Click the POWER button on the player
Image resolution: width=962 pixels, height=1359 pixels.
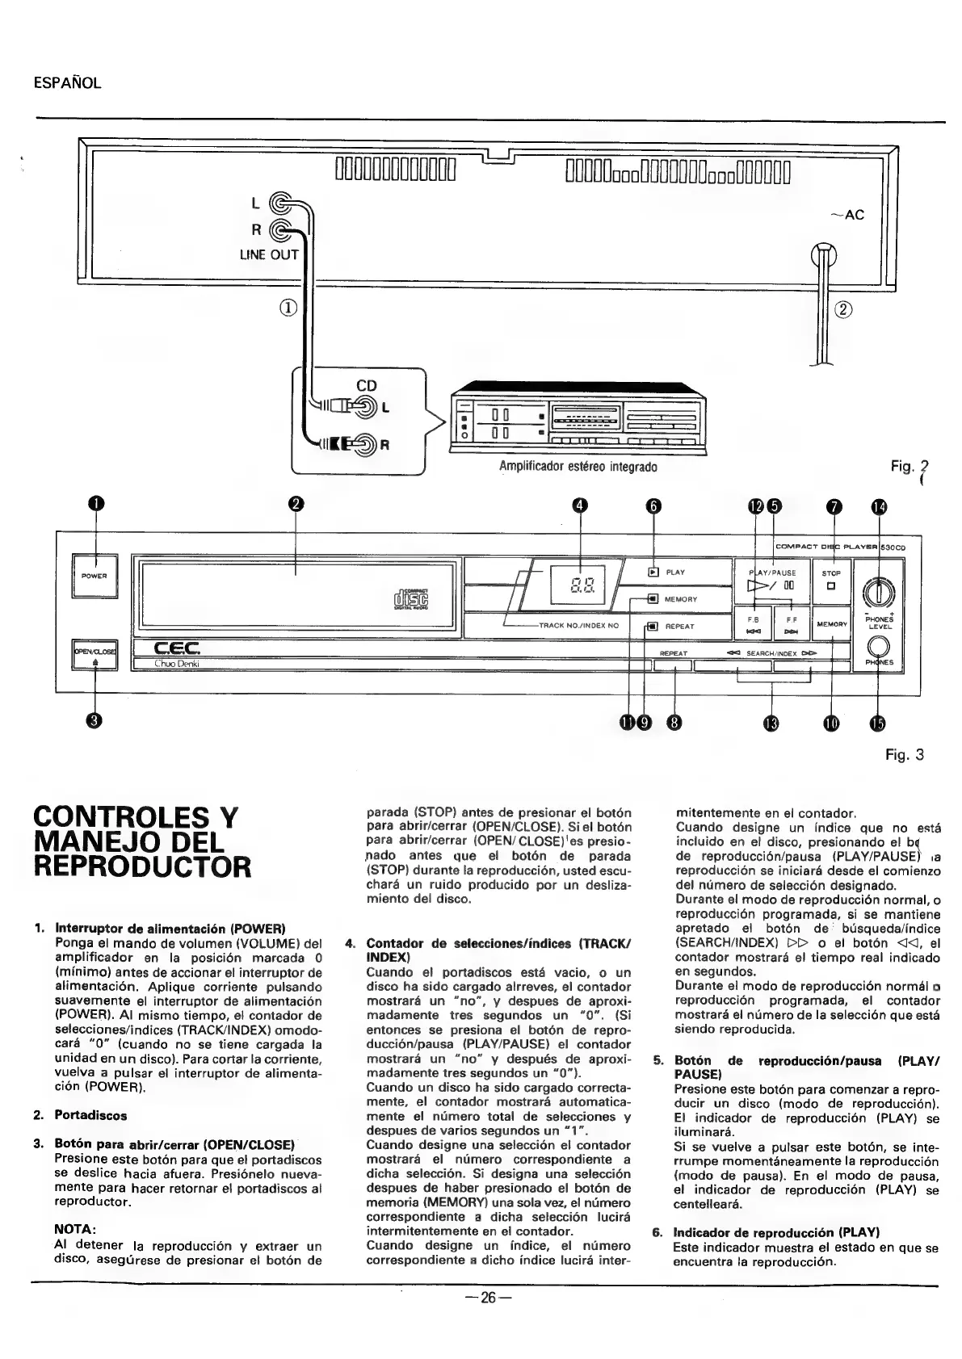95,576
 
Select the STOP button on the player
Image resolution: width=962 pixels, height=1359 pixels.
830,579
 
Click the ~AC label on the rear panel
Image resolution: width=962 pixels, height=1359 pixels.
847,215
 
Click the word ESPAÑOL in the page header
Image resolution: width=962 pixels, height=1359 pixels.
67,83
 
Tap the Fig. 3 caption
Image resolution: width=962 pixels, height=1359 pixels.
904,755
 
